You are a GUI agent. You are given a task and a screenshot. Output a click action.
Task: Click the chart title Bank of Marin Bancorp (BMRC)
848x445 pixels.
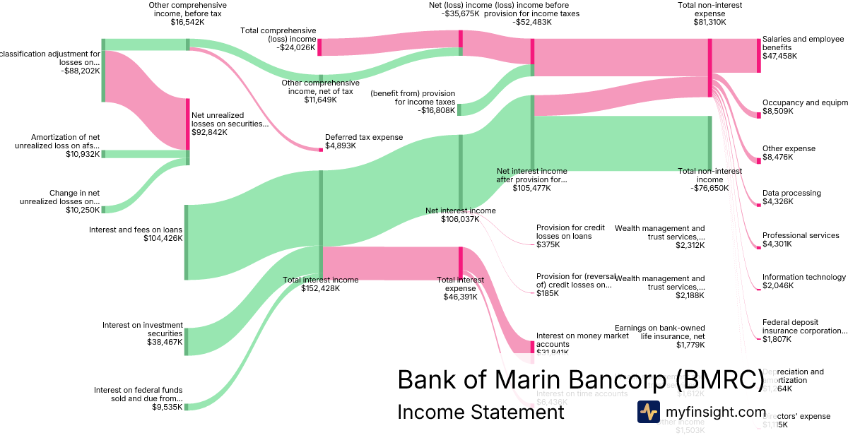point(580,379)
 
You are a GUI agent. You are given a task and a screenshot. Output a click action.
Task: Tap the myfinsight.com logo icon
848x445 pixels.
point(648,412)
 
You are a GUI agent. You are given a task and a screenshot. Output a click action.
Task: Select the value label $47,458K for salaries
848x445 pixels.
point(779,56)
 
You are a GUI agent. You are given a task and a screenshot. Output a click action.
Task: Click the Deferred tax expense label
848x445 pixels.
point(363,137)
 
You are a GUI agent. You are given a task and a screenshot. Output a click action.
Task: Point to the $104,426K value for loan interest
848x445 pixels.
point(163,239)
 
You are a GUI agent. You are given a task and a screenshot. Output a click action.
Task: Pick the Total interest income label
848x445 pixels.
point(321,280)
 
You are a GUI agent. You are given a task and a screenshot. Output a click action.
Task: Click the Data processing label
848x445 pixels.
point(791,193)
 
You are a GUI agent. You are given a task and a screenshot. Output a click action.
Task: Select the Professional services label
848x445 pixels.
point(801,235)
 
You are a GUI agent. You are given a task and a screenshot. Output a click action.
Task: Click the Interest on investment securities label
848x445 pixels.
point(143,329)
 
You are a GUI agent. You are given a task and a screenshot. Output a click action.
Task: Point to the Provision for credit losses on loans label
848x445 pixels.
point(570,232)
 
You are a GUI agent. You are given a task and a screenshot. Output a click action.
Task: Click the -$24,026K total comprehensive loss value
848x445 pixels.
point(296,48)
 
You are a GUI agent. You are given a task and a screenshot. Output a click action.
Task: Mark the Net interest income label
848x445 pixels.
point(460,210)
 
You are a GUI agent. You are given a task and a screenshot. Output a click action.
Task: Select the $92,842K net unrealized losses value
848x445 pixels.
point(213,132)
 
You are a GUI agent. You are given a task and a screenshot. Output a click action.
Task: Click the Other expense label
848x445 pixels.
point(789,148)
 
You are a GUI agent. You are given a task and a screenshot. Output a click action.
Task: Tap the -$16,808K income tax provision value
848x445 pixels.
point(436,110)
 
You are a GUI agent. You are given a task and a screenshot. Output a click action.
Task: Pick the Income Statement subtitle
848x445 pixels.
point(481,412)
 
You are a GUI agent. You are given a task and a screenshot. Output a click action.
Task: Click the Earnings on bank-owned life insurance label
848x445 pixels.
point(659,332)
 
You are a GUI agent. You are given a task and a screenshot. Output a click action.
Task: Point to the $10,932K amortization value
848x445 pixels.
point(83,154)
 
